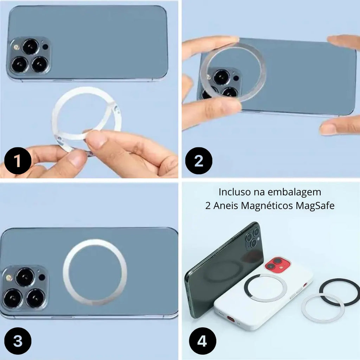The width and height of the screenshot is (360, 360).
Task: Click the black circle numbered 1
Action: click(x=18, y=161)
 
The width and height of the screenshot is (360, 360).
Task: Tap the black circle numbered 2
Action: click(x=199, y=161)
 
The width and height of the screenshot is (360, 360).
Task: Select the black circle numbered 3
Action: click(x=18, y=341)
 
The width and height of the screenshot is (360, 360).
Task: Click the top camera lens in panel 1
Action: click(x=31, y=46)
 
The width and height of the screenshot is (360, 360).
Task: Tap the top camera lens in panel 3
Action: click(x=25, y=277)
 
